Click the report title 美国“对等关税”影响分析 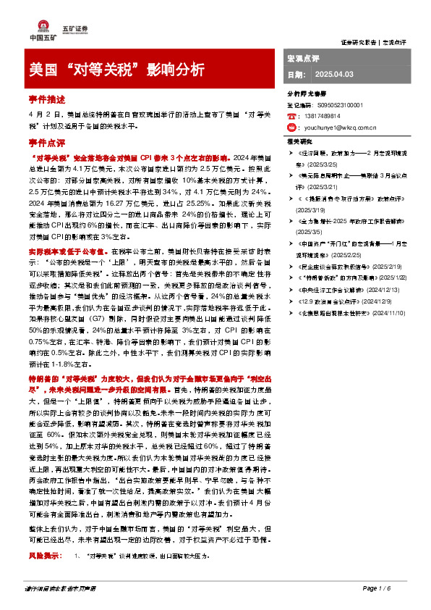116,70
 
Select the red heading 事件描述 47,99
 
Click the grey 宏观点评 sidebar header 303,57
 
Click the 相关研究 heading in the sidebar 299,142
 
